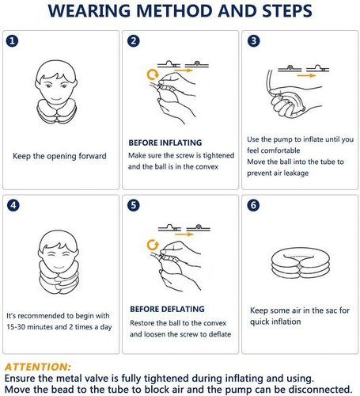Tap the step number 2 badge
coord(134,40)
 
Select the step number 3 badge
coord(253,40)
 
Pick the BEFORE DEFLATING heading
coord(166,309)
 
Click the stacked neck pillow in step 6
coord(298,265)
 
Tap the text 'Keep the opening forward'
coord(59,156)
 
